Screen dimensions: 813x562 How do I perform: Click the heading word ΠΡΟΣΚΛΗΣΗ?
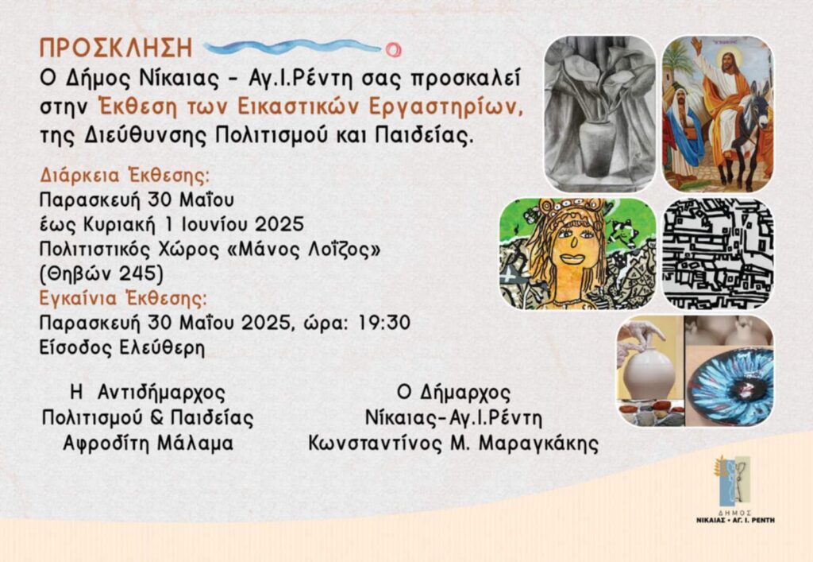116,48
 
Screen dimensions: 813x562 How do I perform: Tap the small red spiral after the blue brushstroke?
393,50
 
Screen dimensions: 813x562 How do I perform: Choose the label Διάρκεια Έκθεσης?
125,176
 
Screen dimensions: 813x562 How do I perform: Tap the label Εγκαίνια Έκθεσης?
123,299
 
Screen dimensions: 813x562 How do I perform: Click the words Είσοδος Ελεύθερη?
122,347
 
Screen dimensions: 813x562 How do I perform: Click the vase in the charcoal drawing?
597,147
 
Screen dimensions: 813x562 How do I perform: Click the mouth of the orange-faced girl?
572,258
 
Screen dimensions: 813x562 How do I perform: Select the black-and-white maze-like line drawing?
718,254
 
